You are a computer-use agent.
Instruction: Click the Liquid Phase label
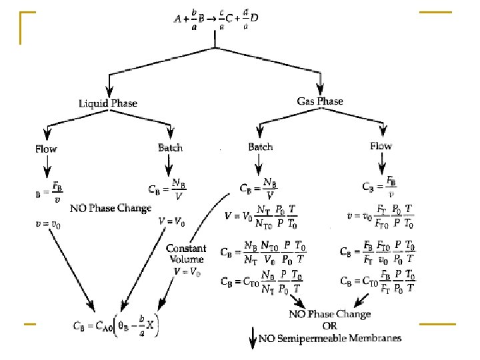(x=107, y=103)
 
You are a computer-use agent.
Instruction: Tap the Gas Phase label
(x=320, y=101)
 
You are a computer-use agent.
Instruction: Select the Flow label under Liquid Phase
(x=46, y=149)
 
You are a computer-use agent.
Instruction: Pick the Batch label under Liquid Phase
(x=170, y=147)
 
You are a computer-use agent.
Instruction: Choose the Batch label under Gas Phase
(x=260, y=147)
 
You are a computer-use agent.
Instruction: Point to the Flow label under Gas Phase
(x=381, y=146)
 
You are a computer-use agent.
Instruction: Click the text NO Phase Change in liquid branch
(x=111, y=208)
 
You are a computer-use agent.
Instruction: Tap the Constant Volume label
(x=186, y=253)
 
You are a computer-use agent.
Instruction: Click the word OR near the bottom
(x=330, y=326)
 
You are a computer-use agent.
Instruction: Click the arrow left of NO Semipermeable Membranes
(x=252, y=340)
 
